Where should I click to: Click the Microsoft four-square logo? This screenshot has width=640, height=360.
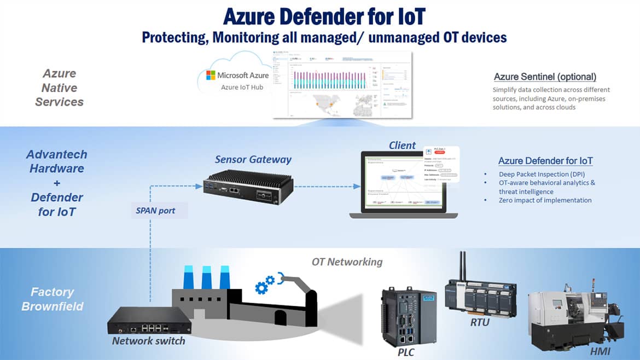(x=211, y=76)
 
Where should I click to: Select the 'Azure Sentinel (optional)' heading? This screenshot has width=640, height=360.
(x=545, y=77)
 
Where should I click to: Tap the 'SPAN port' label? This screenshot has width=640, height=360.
(x=156, y=210)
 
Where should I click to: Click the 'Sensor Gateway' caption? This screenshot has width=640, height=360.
(x=253, y=160)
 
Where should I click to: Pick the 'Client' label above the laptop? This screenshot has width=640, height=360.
(x=402, y=146)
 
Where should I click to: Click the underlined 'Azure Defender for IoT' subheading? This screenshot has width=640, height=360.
(x=545, y=161)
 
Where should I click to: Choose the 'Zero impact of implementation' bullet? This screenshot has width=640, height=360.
(x=545, y=200)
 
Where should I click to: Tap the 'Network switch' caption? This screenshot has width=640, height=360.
(x=148, y=341)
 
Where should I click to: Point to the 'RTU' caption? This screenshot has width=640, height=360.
(x=480, y=322)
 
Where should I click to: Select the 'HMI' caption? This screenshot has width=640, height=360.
(x=600, y=351)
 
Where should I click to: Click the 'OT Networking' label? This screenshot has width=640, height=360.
(x=347, y=262)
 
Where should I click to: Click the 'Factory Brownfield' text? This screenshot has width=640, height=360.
(x=52, y=299)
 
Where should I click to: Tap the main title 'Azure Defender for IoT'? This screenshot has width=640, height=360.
(x=324, y=16)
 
